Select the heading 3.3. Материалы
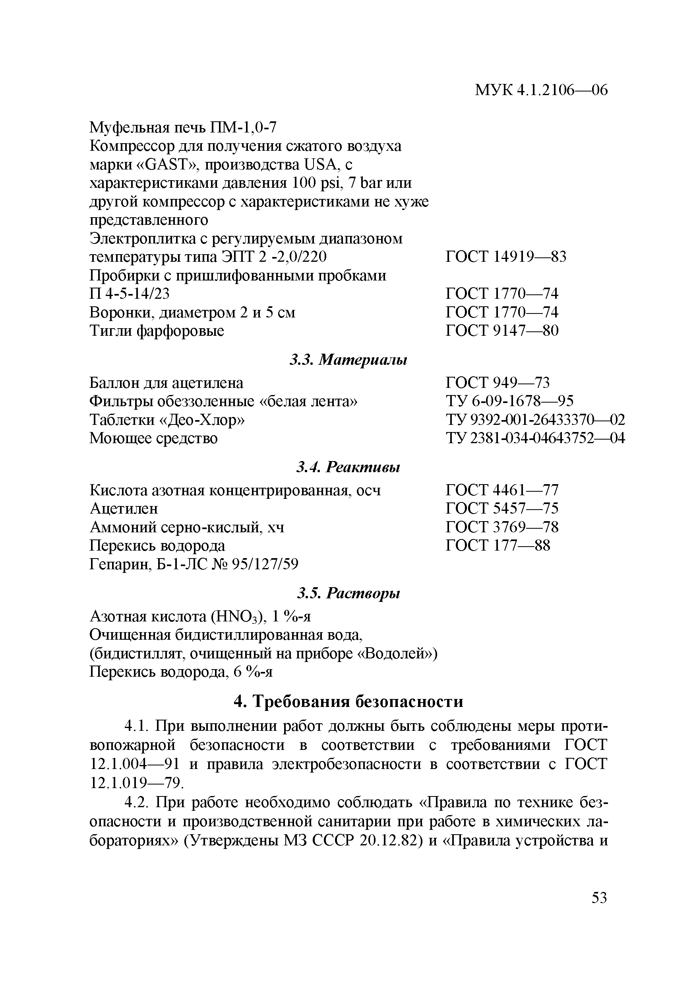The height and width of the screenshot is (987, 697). [x=348, y=360]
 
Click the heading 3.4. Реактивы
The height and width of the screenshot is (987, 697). [x=348, y=467]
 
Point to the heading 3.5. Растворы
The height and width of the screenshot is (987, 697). [x=348, y=593]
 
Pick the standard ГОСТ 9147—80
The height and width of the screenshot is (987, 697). [x=502, y=331]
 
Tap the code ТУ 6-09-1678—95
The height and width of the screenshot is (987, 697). [x=510, y=401]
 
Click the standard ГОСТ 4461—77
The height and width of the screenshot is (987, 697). [x=502, y=490]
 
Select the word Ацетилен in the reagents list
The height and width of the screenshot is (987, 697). [x=124, y=508]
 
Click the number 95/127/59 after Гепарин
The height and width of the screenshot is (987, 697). [x=265, y=564]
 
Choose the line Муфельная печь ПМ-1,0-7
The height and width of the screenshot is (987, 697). [x=183, y=127]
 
